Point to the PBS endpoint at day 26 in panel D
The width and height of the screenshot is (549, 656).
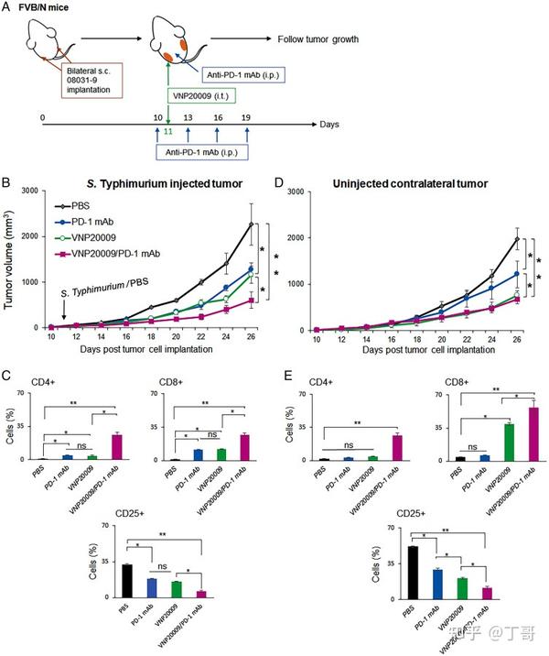tap(517, 240)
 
